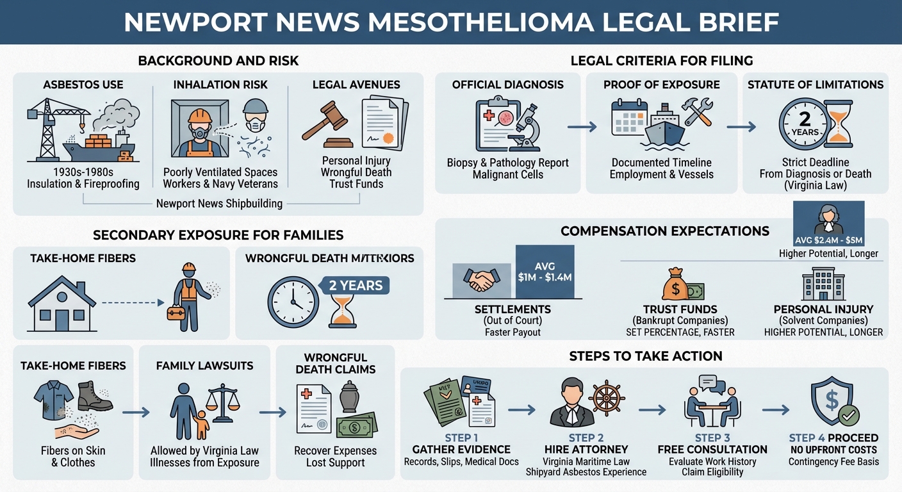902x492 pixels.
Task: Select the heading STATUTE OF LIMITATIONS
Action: click(816, 85)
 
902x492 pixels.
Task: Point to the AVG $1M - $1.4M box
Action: click(545, 272)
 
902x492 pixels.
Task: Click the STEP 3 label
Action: click(712, 438)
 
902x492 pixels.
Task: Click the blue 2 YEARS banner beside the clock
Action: click(356, 285)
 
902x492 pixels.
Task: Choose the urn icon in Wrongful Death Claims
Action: click(349, 398)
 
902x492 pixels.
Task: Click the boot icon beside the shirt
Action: click(94, 397)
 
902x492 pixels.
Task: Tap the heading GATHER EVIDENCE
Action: click(461, 449)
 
